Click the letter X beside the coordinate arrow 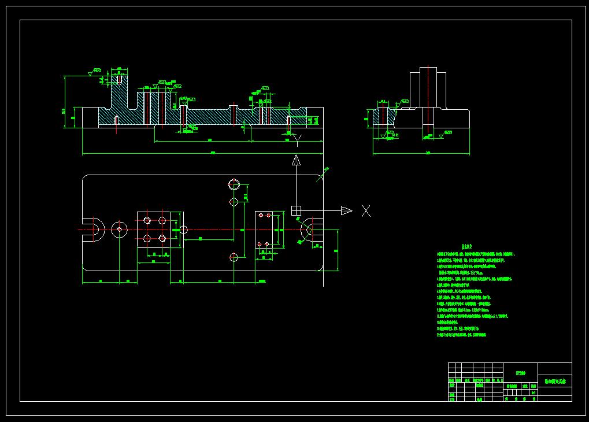point(366,211)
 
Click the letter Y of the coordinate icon point(298,139)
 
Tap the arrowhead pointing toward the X point(346,210)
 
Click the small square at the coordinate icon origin point(296,210)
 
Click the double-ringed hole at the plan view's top point(234,184)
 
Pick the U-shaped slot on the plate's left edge point(92,229)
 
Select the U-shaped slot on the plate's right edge point(310,229)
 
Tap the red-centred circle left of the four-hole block point(119,229)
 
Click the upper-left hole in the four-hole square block point(147,220)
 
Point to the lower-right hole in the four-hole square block point(162,238)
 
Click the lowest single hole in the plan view point(234,257)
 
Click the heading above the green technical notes point(467,246)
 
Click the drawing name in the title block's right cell point(554,382)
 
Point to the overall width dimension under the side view point(421,154)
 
